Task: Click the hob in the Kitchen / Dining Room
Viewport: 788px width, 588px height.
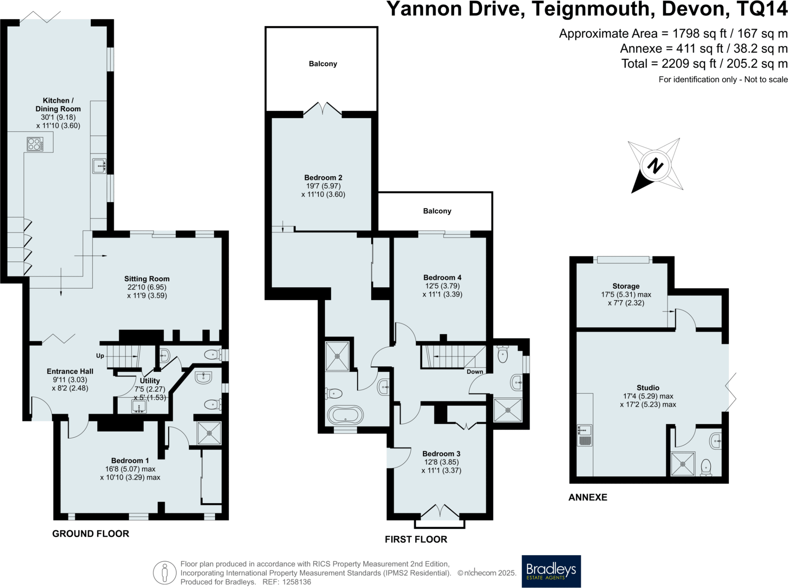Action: tap(35, 144)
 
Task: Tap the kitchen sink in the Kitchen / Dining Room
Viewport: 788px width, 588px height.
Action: tap(99, 166)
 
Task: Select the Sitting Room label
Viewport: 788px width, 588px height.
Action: tap(147, 279)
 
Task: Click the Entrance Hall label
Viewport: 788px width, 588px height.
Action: tap(70, 371)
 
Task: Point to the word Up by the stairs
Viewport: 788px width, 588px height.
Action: tap(100, 355)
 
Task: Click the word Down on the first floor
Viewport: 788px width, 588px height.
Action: tap(475, 372)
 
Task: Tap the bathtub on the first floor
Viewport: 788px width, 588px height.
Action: tap(345, 415)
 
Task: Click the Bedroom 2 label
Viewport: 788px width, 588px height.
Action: tap(323, 178)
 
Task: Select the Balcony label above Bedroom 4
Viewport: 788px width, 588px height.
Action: tap(437, 211)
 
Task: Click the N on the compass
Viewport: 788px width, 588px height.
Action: tap(655, 166)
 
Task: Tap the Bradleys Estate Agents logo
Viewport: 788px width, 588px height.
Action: tap(551, 571)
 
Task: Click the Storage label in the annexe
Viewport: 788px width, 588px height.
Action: tap(626, 286)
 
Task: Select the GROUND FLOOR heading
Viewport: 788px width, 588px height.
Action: tap(91, 533)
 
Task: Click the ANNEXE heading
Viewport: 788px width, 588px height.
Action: tap(588, 497)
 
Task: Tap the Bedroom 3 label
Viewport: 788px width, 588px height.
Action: tap(441, 454)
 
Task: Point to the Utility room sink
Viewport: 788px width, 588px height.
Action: tap(139, 407)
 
